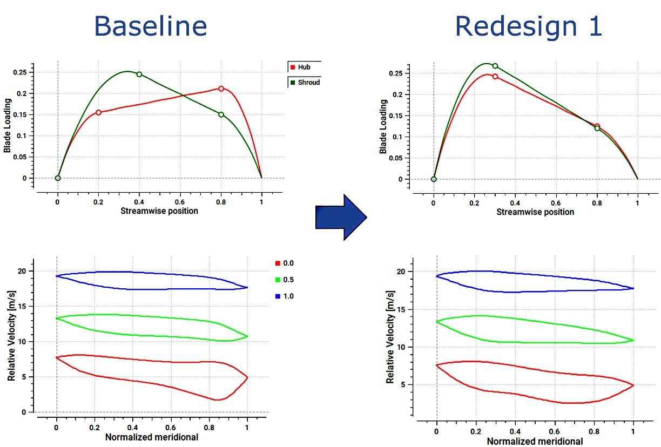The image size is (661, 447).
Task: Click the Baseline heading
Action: click(x=150, y=25)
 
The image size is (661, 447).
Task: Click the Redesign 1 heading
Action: click(x=528, y=25)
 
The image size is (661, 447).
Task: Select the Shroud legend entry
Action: click(x=305, y=83)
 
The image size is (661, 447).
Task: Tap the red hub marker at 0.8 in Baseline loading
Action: click(x=221, y=89)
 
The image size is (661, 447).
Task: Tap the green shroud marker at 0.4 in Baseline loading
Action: click(x=139, y=74)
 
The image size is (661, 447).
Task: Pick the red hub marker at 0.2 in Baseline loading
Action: click(x=98, y=112)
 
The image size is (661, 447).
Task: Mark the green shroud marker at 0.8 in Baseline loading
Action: click(x=221, y=114)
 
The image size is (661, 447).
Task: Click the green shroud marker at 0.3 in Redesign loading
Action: click(x=495, y=66)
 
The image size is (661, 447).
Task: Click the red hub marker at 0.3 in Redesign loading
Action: click(x=495, y=77)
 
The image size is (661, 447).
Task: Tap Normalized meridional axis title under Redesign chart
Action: click(x=535, y=442)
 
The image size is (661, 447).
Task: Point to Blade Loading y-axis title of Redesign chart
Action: click(x=383, y=126)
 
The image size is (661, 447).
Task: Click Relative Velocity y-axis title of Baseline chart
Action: click(x=11, y=335)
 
